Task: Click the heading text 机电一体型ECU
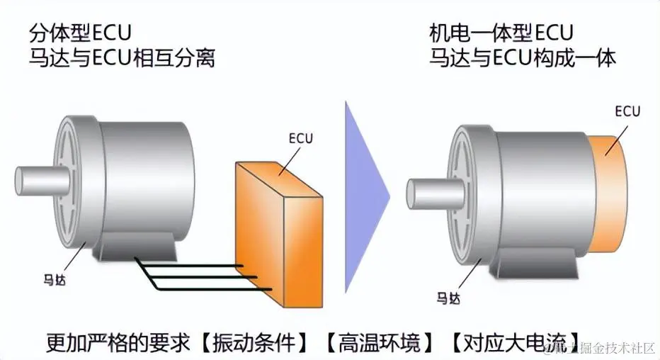501,33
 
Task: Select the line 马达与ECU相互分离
122,57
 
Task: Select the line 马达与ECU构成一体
522,57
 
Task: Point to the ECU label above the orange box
300,139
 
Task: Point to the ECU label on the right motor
627,111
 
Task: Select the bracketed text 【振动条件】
254,343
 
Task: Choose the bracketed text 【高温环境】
379,343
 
